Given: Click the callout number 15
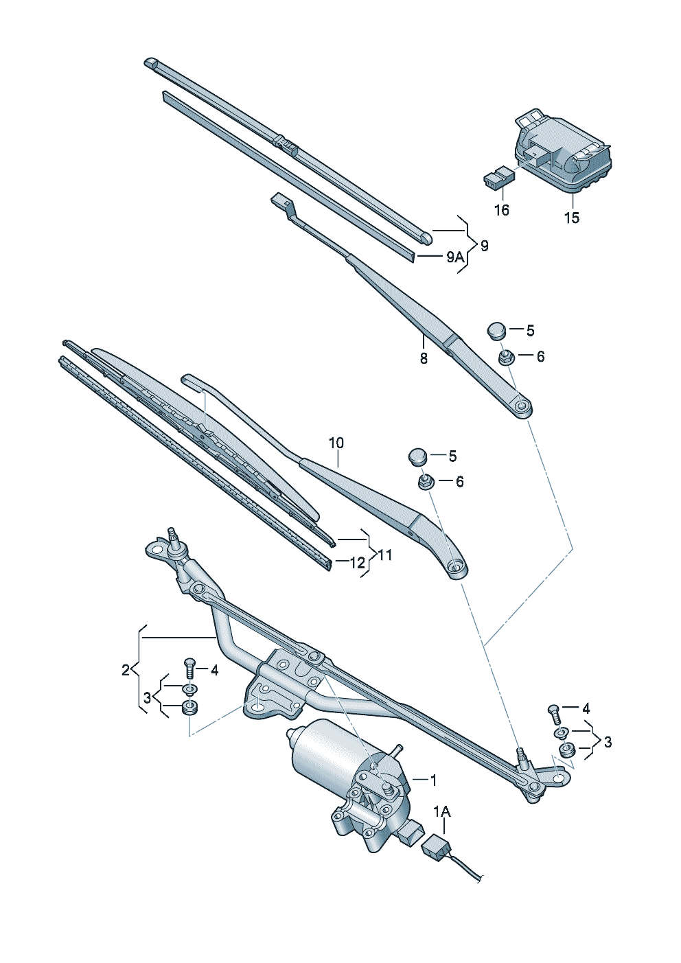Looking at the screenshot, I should click(x=572, y=218).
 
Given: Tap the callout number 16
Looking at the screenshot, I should click(x=502, y=210).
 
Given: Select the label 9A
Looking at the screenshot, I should click(x=454, y=257).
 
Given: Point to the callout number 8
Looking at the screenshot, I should click(x=424, y=358).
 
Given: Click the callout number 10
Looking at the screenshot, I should click(x=336, y=443).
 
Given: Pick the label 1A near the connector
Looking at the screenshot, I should click(x=442, y=812).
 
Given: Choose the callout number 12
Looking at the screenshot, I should click(x=357, y=563).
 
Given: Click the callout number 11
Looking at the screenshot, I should click(x=385, y=553).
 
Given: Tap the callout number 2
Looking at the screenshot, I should click(x=126, y=670).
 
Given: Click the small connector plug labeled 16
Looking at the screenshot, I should click(x=498, y=178).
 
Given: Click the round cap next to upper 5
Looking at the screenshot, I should click(x=496, y=330).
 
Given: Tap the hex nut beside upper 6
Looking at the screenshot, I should click(x=505, y=357).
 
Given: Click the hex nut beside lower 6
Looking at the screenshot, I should click(x=424, y=482).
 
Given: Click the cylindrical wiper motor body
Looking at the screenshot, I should click(x=323, y=752).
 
